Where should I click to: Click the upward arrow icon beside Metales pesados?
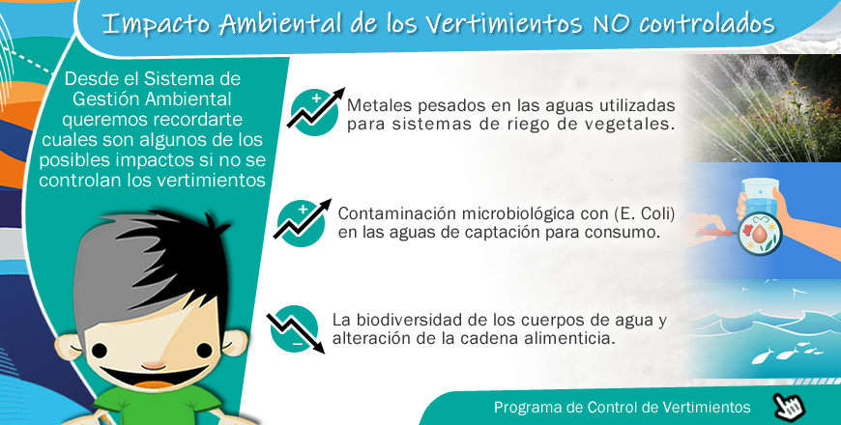tap(315, 111)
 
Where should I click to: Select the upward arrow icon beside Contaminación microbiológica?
tap(302, 222)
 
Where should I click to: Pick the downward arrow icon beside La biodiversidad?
tap(296, 329)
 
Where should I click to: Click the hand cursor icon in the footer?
tap(789, 407)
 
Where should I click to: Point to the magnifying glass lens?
tap(759, 233)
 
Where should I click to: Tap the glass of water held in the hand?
tap(759, 198)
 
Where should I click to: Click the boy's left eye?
tap(100, 351)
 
